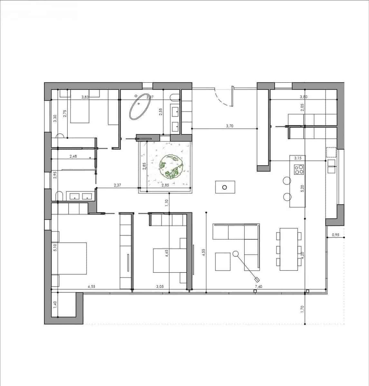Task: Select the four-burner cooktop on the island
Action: point(298,169)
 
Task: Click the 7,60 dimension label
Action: point(258,286)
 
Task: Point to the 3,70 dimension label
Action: point(229,126)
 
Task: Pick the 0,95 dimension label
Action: point(335,234)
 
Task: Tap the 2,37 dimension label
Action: point(117,185)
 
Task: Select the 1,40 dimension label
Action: point(55,304)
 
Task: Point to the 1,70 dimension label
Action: point(302,308)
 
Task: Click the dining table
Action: point(289,249)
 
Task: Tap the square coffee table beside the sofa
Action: point(222,262)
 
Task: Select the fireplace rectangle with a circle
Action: point(225,187)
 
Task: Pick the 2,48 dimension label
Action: point(73,157)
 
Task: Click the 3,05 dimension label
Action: point(160,286)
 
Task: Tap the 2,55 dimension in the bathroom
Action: point(160,111)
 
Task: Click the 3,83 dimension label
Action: point(85,97)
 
